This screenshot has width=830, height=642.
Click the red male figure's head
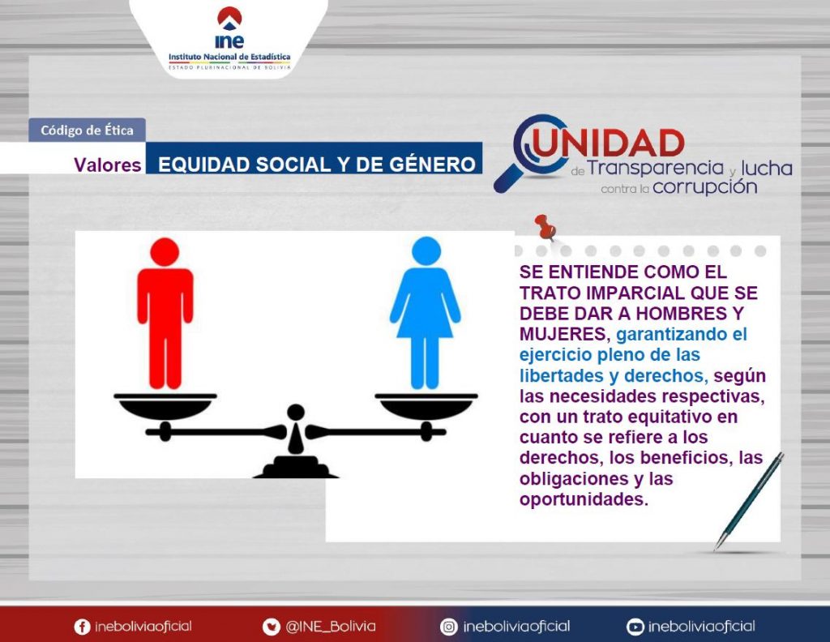(x=165, y=252)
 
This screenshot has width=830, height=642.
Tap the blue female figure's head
(x=426, y=250)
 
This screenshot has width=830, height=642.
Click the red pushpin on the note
(x=545, y=226)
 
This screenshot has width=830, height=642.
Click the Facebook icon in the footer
(x=82, y=627)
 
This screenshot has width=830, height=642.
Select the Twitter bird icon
(x=271, y=627)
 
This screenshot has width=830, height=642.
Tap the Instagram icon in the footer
(x=449, y=627)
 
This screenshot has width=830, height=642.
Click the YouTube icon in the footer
(x=635, y=627)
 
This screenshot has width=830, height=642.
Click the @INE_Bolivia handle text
(x=331, y=627)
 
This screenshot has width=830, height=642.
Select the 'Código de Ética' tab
(x=87, y=131)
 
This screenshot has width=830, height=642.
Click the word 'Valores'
(x=108, y=165)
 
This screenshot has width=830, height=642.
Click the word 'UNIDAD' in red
(x=609, y=143)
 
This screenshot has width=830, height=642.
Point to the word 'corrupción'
(x=704, y=187)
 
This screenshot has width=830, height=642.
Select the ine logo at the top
(x=229, y=28)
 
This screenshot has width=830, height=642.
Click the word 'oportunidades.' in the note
(x=584, y=499)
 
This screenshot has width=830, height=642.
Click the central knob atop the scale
(x=295, y=412)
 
